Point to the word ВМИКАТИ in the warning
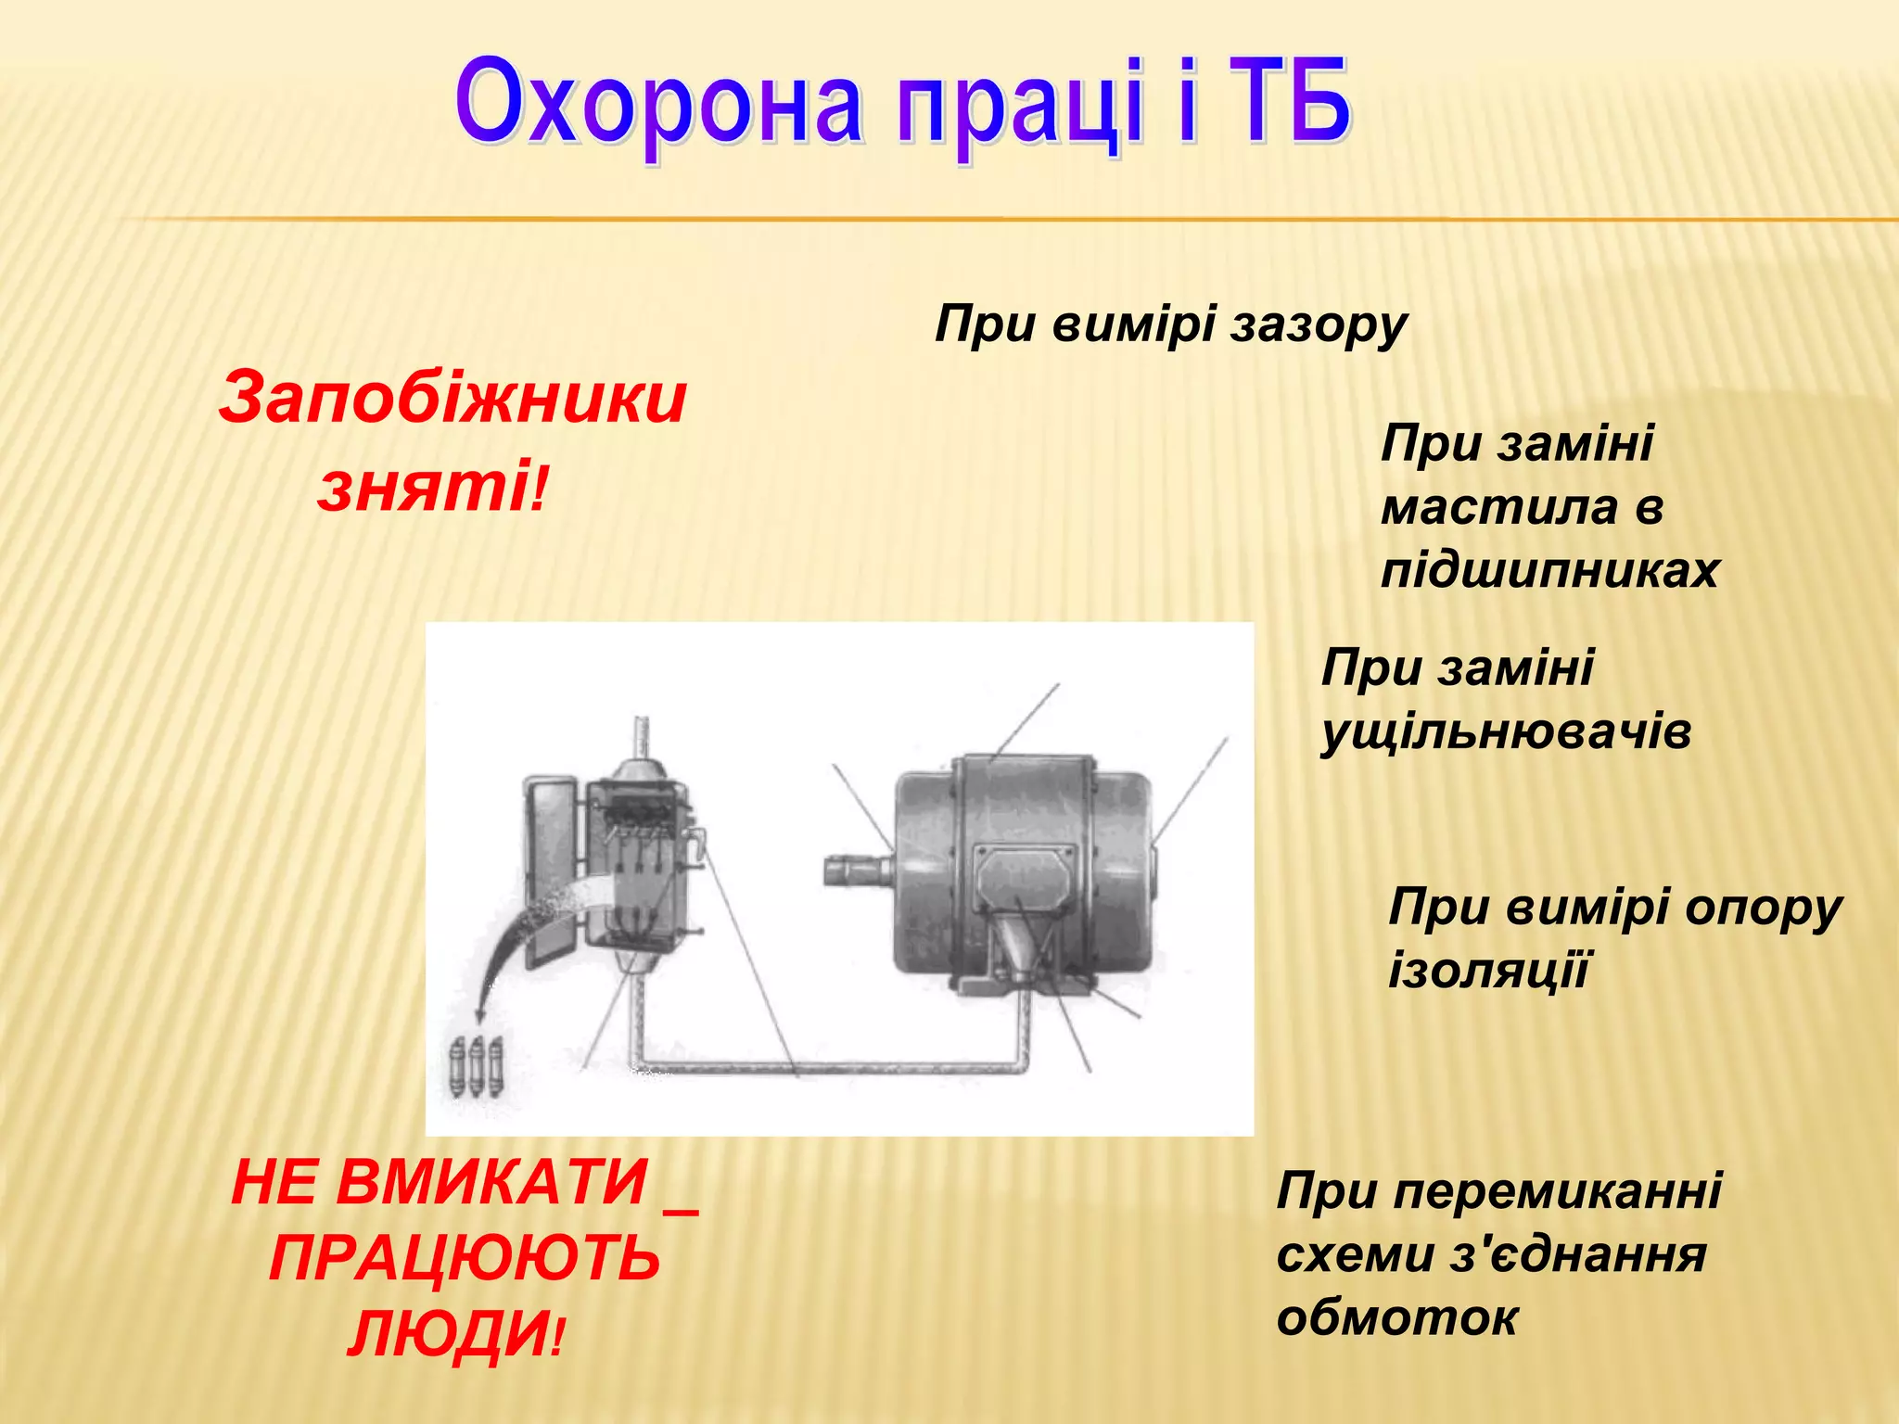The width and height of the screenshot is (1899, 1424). click(x=491, y=1183)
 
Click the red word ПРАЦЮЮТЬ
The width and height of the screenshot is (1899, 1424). click(x=465, y=1259)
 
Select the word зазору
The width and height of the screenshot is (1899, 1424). click(x=1319, y=326)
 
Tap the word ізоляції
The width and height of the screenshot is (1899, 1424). click(x=1488, y=971)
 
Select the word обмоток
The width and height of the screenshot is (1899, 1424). click(x=1396, y=1317)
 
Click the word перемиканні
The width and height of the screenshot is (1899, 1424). click(x=1558, y=1190)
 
